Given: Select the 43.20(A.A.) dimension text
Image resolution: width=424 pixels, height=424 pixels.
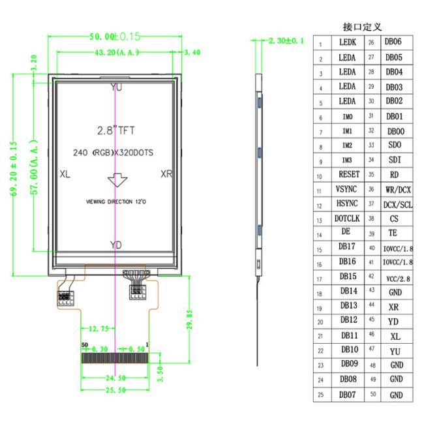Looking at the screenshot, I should (115, 52).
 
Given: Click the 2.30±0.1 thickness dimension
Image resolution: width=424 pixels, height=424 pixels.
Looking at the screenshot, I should (286, 40).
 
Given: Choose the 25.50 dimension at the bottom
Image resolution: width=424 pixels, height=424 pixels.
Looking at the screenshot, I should (115, 390).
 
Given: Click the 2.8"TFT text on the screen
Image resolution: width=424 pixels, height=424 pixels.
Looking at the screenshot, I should (115, 130).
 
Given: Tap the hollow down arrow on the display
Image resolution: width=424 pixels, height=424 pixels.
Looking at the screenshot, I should (115, 181).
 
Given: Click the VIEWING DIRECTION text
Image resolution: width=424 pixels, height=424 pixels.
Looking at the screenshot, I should (115, 202).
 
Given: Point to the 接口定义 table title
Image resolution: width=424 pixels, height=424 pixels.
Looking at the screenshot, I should (362, 27).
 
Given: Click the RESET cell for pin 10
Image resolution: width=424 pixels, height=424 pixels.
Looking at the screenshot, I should (347, 174).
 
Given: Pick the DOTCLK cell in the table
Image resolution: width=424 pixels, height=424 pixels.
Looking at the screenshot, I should (347, 219).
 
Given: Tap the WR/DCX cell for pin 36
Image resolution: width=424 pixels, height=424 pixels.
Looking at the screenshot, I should (398, 189).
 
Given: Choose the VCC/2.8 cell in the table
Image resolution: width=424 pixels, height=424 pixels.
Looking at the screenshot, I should (398, 278).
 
